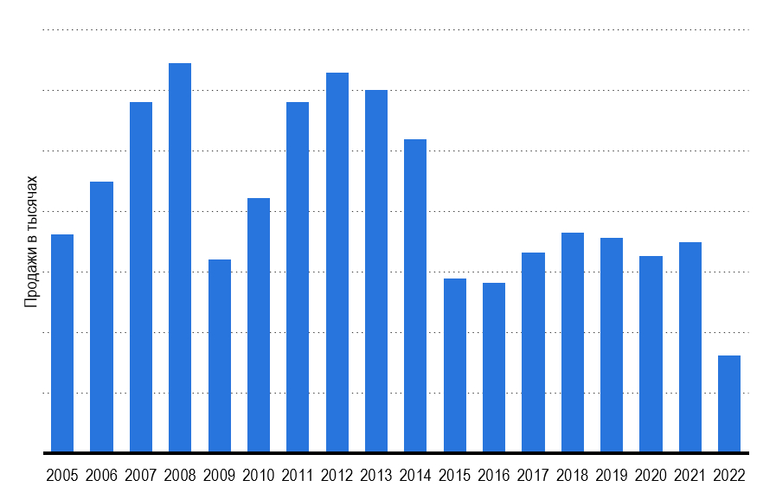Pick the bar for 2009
point(220,355)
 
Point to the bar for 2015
point(455,365)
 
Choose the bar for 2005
point(62,343)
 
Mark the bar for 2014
point(415,296)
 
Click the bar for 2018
point(573,343)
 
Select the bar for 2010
point(259,325)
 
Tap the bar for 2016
point(494,368)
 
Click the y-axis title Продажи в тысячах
point(31,241)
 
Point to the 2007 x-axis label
point(140,475)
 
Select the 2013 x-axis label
point(376,475)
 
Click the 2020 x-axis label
point(651,475)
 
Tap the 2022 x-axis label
point(729,475)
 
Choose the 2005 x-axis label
point(62,475)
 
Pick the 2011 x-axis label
point(298,475)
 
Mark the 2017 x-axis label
point(533,475)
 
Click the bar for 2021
point(690,347)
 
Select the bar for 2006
point(101,317)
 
